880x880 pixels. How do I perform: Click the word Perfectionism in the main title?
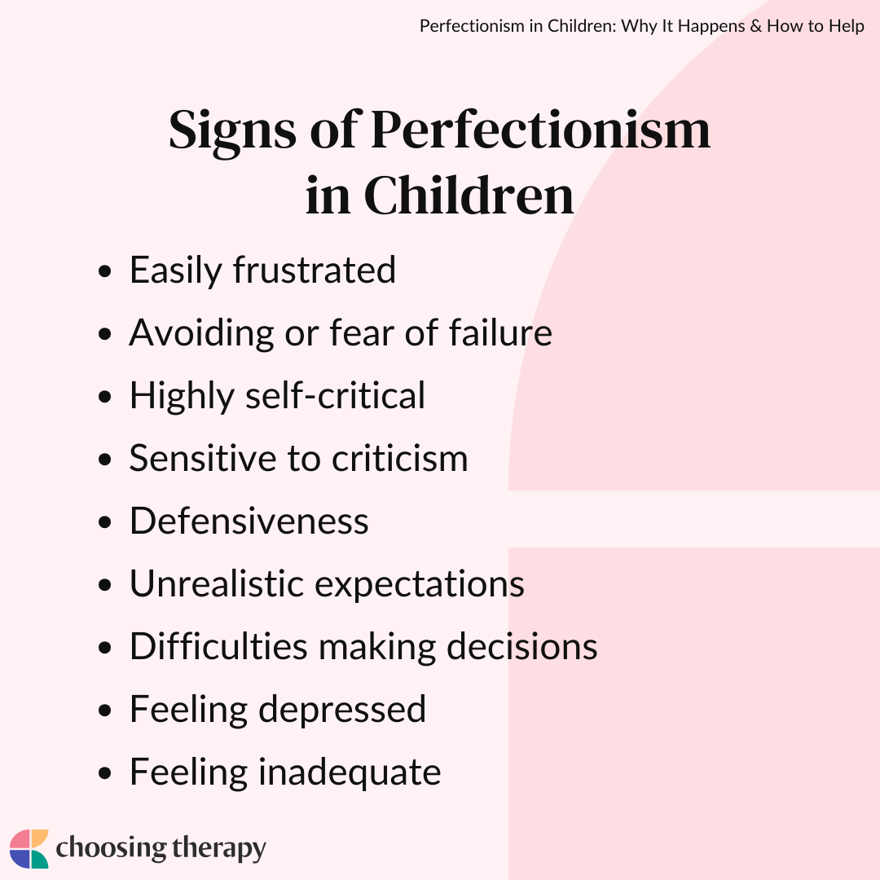[x=540, y=130]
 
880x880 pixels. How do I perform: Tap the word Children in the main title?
[x=469, y=196]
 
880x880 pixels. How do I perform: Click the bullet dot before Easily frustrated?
[x=104, y=271]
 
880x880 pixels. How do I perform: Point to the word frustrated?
[x=315, y=270]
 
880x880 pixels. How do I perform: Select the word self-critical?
[x=335, y=395]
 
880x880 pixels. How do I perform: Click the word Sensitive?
[x=203, y=458]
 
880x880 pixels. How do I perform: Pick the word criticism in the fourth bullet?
[x=399, y=458]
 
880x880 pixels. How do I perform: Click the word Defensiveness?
[x=249, y=521]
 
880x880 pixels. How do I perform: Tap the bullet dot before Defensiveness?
[x=104, y=522]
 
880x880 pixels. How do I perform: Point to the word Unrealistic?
[x=217, y=583]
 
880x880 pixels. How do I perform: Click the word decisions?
[x=522, y=646]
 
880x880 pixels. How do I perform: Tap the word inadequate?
[x=349, y=773]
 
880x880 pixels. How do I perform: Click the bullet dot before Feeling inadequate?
[x=104, y=773]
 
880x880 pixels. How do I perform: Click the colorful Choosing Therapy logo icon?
[x=29, y=848]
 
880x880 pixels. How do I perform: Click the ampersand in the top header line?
[x=756, y=26]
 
